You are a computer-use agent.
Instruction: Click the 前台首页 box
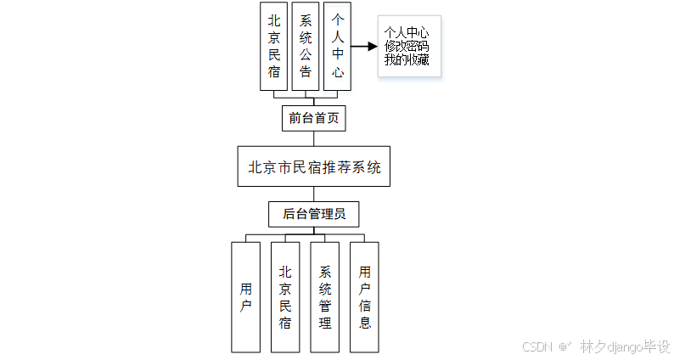coord(314,118)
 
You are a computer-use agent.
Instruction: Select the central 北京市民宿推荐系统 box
coord(314,167)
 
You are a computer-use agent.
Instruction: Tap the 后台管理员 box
coord(314,214)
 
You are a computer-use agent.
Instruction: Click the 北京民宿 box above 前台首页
coord(273,46)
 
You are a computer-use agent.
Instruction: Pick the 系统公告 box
coord(306,46)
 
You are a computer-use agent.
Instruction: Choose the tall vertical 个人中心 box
coord(338,46)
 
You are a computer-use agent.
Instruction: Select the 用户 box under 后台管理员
coord(246,297)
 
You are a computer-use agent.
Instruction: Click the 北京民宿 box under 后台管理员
coord(285,297)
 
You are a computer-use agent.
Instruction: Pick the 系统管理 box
coord(325,297)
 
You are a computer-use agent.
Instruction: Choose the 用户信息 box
coord(365,297)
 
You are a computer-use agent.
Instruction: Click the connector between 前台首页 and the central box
coord(314,139)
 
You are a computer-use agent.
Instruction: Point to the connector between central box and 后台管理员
coord(314,194)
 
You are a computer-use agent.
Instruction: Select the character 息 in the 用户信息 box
coord(365,323)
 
